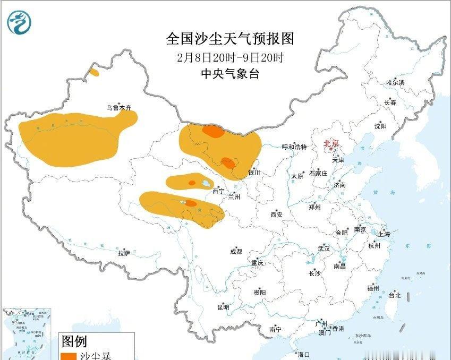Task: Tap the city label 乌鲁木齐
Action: pyautogui.click(x=118, y=108)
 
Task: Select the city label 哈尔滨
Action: pyautogui.click(x=395, y=83)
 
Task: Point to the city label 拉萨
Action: pyautogui.click(x=124, y=253)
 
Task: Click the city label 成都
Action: pyautogui.click(x=236, y=252)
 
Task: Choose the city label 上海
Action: pyautogui.click(x=384, y=234)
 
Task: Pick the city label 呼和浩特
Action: pyautogui.click(x=294, y=147)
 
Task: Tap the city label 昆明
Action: pyautogui.click(x=223, y=307)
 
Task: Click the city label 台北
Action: pyautogui.click(x=395, y=295)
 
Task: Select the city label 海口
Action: pyautogui.click(x=303, y=355)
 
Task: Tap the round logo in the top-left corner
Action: pyautogui.click(x=20, y=22)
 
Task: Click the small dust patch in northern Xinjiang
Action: pyautogui.click(x=94, y=72)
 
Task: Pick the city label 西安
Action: pyautogui.click(x=276, y=215)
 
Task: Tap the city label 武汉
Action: pyautogui.click(x=324, y=248)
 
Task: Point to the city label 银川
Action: pyautogui.click(x=254, y=173)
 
